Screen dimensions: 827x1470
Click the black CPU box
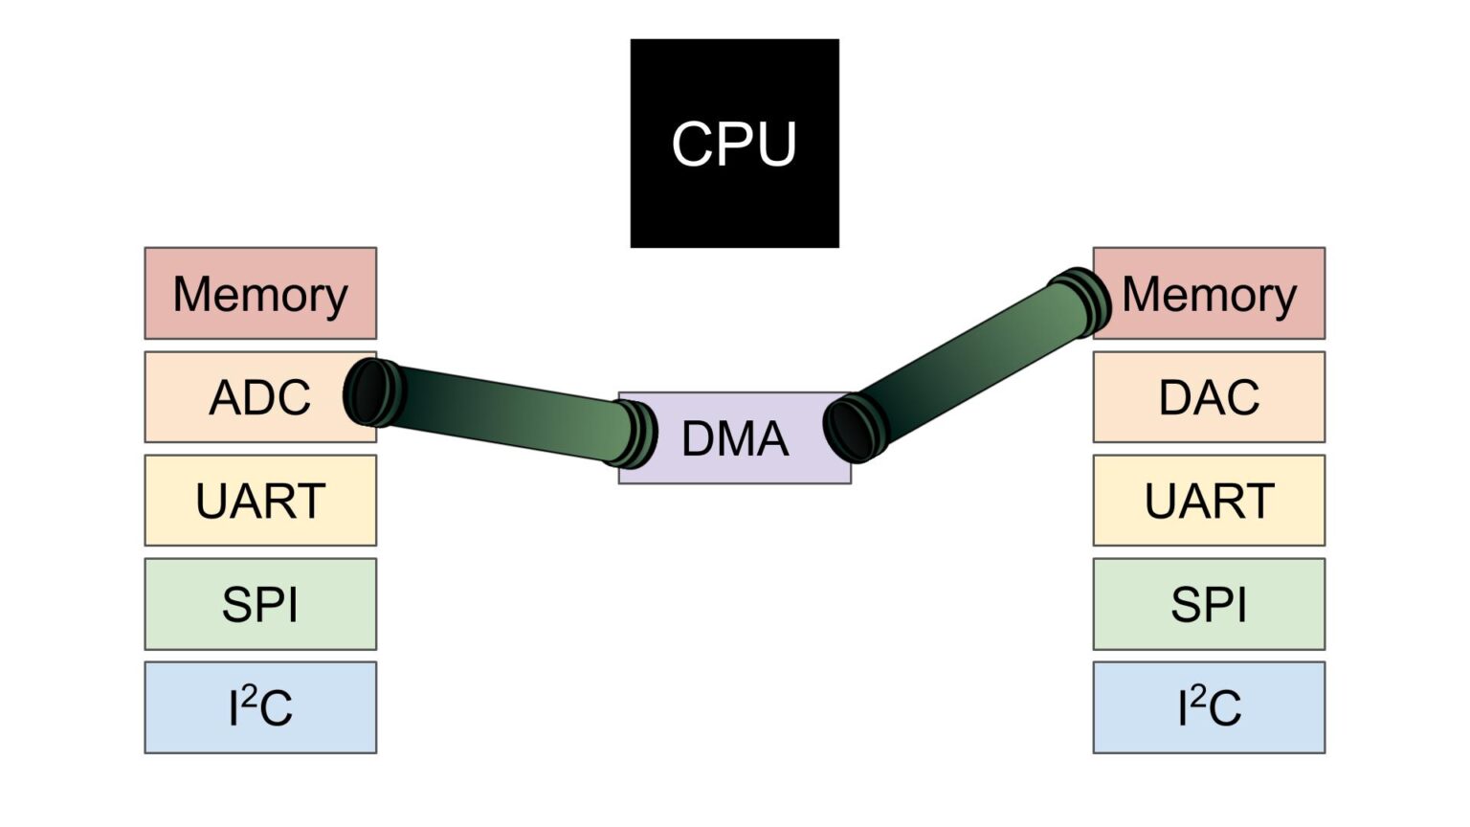734,144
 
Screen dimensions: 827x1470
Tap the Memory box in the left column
260,294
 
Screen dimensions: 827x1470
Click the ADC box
260,397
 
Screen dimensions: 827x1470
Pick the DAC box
1209,397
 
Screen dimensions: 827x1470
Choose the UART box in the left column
260,501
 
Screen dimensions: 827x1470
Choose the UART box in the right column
1209,501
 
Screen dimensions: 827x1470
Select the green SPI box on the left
260,604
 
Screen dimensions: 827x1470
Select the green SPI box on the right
1209,604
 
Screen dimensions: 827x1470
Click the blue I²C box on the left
260,707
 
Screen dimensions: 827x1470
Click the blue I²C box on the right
1209,707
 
